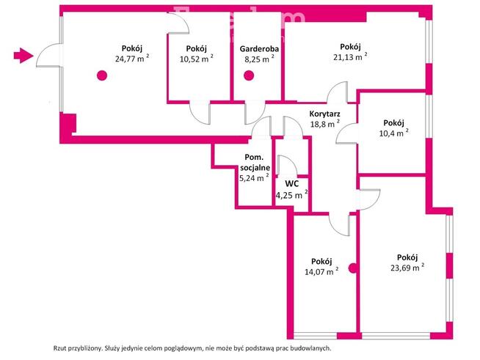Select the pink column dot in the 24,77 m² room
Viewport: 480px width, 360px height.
click(101, 74)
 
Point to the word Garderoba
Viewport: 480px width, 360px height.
click(258, 49)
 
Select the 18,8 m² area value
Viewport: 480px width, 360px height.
click(320, 125)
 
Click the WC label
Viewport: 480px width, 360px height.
click(291, 183)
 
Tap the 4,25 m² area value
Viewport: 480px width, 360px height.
click(291, 195)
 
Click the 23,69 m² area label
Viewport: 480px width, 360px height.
click(407, 268)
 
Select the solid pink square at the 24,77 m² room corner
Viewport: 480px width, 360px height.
click(68, 124)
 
